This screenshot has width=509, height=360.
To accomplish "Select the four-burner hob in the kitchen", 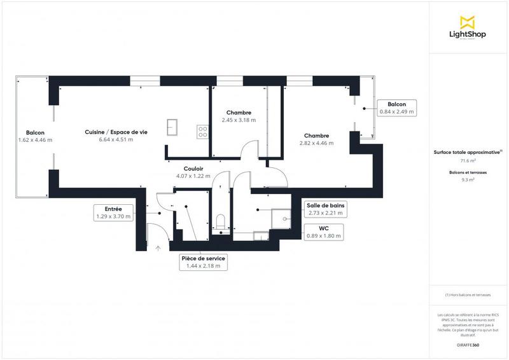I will click(x=202, y=131).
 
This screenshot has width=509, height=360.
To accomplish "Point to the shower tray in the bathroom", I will click(x=281, y=218).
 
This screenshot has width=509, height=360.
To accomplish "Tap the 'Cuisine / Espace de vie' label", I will click(x=116, y=132).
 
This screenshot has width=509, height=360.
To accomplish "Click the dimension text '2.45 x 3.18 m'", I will click(x=239, y=120).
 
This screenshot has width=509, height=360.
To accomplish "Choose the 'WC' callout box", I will click(x=324, y=231).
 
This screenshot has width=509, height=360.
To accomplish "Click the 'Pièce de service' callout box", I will click(x=203, y=262).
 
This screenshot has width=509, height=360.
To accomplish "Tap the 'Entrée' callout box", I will click(x=113, y=212).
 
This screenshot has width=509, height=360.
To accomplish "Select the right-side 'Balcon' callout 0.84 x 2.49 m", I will click(x=396, y=107).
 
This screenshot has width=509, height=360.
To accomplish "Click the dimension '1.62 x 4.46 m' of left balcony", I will click(x=35, y=140).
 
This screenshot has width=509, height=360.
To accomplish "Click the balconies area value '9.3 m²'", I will click(x=468, y=181).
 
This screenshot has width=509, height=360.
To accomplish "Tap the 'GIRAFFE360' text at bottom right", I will click(x=468, y=343).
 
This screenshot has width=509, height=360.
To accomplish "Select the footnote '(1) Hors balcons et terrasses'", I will click(x=468, y=295).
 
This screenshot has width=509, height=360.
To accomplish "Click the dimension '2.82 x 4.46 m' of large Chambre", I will click(x=316, y=143).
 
